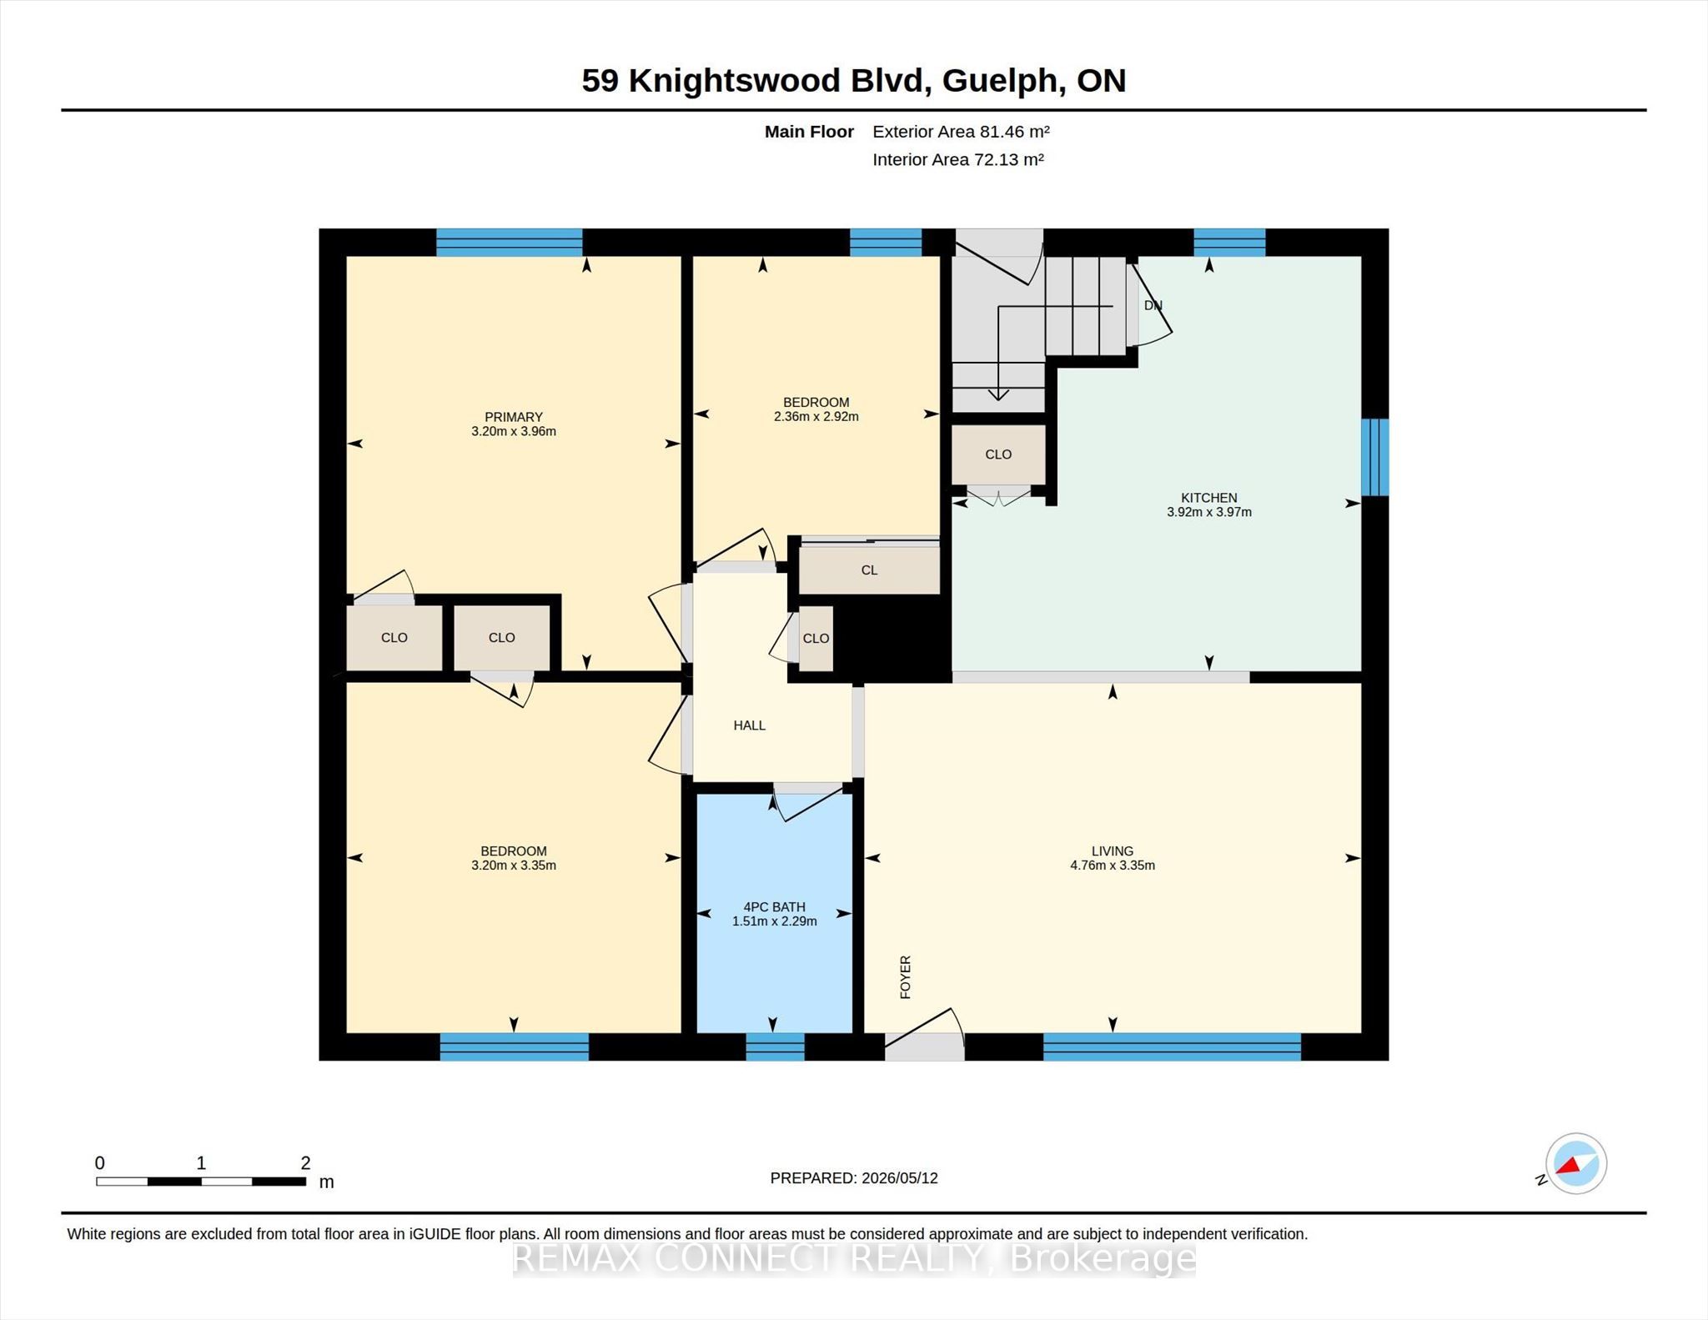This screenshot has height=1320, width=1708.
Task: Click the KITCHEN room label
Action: point(1208,498)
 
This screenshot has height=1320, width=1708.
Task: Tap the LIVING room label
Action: point(1112,851)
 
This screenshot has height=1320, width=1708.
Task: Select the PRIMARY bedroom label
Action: point(514,417)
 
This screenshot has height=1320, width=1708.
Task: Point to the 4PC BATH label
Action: point(774,907)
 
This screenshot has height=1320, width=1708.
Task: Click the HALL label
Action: point(749,725)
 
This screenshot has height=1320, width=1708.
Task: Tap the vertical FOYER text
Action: point(906,977)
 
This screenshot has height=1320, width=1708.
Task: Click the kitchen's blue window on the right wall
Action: point(1374,457)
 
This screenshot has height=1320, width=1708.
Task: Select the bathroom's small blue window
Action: point(775,1046)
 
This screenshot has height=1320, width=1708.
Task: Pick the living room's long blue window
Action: point(1172,1046)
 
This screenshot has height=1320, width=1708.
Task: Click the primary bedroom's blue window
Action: point(509,242)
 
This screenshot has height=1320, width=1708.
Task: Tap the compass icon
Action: point(1575,1163)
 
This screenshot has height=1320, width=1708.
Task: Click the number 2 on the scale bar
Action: point(305,1162)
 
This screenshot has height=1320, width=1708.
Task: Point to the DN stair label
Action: point(1153,305)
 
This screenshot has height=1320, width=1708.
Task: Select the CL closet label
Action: point(869,570)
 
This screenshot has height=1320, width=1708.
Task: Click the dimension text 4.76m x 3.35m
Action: point(1112,866)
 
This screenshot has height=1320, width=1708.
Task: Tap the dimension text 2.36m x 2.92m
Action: point(816,417)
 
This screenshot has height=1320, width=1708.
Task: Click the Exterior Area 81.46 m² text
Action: point(961,132)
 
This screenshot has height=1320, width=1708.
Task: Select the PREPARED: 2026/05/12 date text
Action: point(854,1178)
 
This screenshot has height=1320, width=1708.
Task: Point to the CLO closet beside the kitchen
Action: point(998,454)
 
